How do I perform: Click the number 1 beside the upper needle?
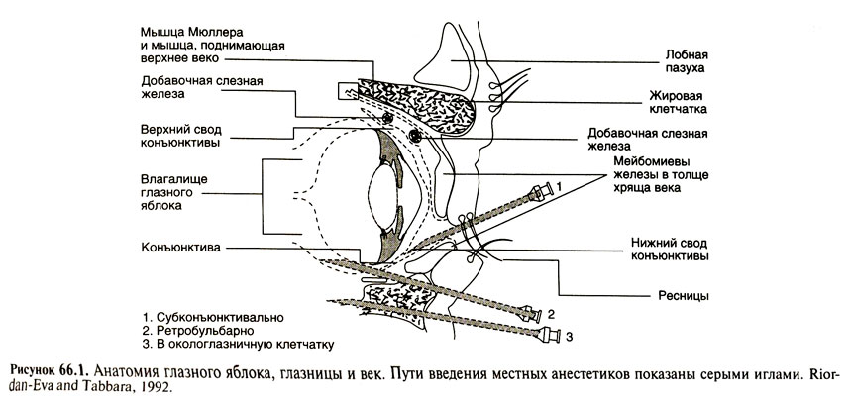point(558,185)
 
